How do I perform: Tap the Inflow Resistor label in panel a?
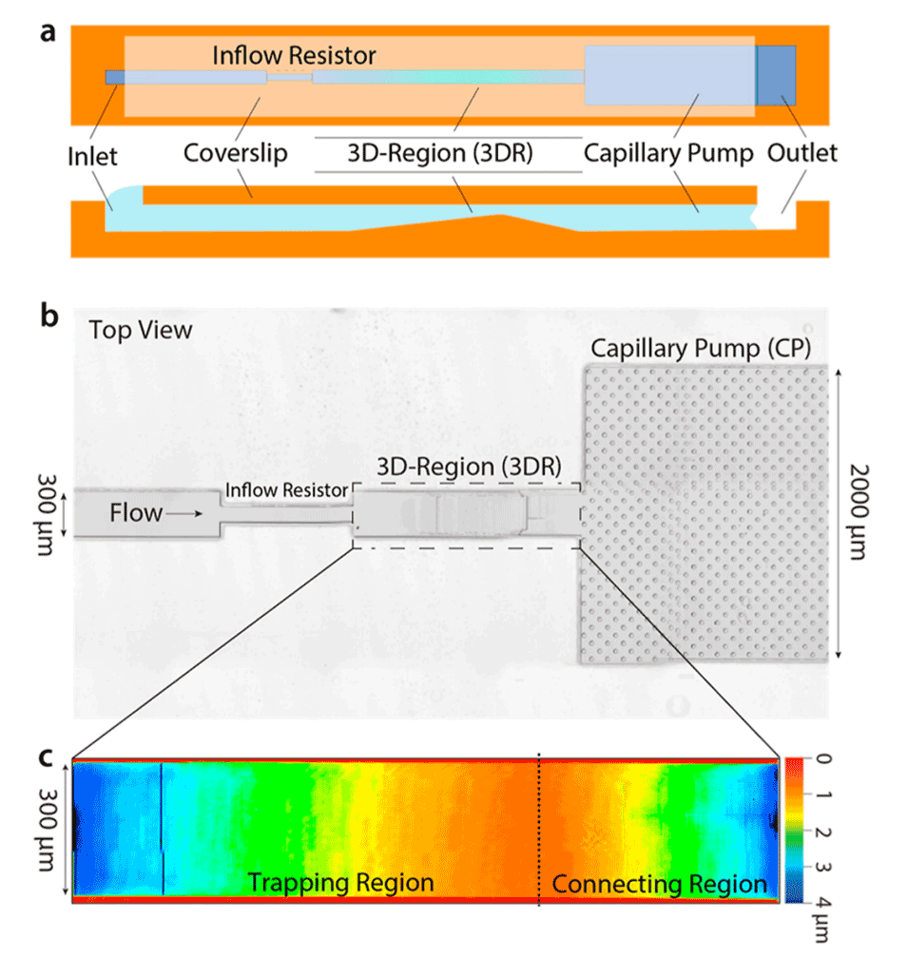click(294, 56)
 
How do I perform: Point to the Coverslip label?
click(235, 153)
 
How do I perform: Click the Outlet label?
click(802, 153)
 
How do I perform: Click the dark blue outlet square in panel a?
click(776, 74)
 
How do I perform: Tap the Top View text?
click(141, 331)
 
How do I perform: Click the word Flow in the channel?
click(136, 514)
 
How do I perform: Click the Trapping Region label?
click(341, 883)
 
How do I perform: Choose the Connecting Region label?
click(659, 885)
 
